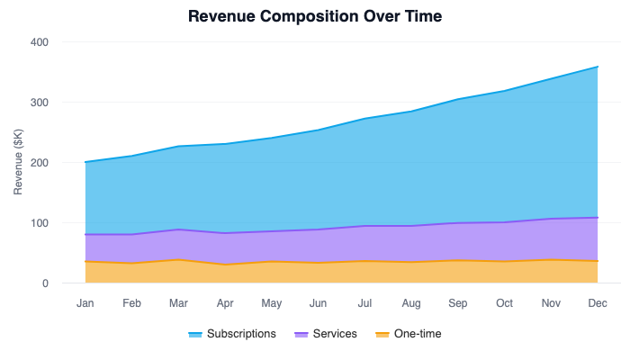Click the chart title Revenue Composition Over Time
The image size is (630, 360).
click(315, 16)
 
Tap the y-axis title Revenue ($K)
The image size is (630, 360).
click(18, 163)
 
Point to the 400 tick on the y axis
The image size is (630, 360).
click(40, 42)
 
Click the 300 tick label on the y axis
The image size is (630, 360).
click(40, 103)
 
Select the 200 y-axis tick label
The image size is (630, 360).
click(40, 163)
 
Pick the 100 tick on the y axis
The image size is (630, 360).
click(40, 223)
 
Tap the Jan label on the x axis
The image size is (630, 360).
click(85, 303)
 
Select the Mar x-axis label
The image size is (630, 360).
click(178, 303)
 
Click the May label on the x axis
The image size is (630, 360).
click(271, 303)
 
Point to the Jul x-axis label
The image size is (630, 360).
click(364, 303)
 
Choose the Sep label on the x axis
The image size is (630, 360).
click(457, 303)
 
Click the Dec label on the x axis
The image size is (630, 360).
click(597, 303)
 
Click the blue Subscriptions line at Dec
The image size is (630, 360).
click(597, 67)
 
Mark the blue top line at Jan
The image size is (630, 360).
click(85, 162)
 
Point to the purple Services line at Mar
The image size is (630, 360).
click(178, 229)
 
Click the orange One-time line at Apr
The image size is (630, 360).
click(225, 265)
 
